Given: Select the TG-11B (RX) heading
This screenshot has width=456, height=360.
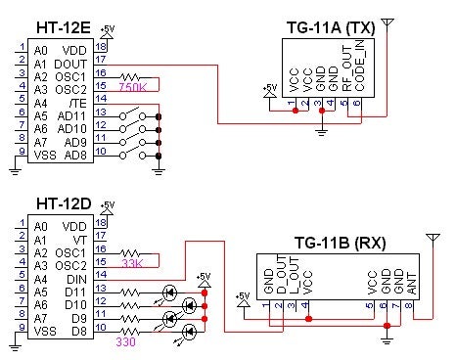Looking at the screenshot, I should click(x=338, y=242).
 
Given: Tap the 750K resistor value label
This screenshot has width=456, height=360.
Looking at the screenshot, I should click(x=132, y=88).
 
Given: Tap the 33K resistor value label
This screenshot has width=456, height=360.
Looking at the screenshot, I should click(x=132, y=262).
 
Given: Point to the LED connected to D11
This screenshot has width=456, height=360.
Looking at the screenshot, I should click(x=172, y=291).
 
